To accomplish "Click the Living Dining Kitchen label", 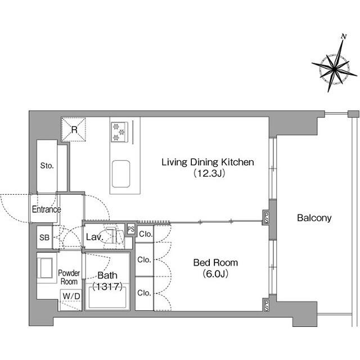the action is click(208, 163).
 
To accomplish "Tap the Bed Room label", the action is click(215, 263).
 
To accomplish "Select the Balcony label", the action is click(314, 218).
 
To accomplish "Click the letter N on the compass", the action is click(344, 37).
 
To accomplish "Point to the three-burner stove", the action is click(119, 132).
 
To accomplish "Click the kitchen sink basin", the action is click(121, 174).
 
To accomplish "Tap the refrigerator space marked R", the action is click(74, 129).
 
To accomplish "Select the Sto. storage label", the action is click(47, 165).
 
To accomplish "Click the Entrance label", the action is click(46, 209).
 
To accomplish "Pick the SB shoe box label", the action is click(44, 237).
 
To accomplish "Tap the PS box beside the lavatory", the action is click(131, 229).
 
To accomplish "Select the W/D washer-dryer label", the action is click(71, 296).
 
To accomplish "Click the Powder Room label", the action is click(69, 277).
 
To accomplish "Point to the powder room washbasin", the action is click(47, 268).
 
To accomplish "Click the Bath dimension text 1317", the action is click(107, 286).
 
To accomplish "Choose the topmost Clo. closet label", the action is click(146, 234).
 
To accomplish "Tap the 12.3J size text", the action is click(209, 173).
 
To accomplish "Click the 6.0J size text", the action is click(215, 274).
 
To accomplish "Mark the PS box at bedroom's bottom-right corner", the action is click(266, 305).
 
